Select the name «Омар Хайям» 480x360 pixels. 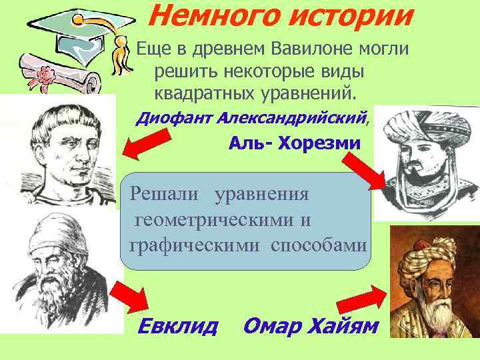click(311, 326)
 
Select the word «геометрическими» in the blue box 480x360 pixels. click(222, 219)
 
